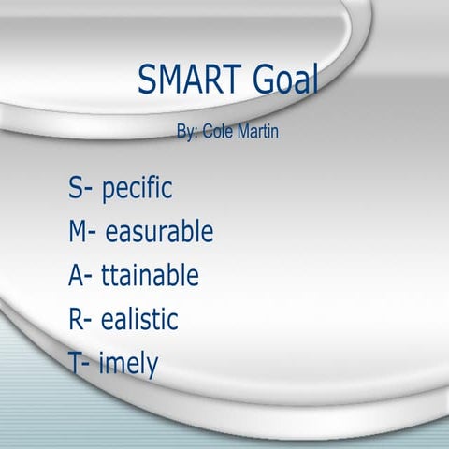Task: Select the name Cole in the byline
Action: tap(219, 132)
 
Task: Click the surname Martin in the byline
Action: tap(256, 132)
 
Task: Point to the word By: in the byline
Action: tap(187, 132)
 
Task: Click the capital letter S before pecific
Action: tap(74, 187)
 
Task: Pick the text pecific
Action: tap(137, 188)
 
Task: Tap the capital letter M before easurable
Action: tap(78, 231)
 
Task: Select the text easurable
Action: tap(159, 231)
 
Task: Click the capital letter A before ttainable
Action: tap(76, 275)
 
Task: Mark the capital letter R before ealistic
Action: tap(76, 319)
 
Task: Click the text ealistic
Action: tap(138, 319)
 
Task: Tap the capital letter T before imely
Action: tap(75, 363)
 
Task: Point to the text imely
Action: tap(128, 365)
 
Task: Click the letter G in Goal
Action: tap(263, 81)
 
